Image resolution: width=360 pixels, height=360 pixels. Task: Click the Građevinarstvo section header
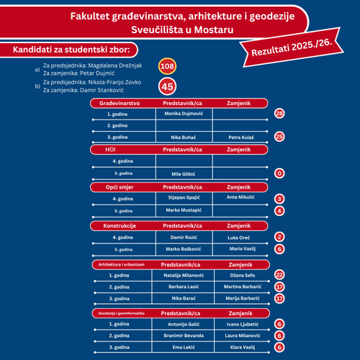[x=114, y=103]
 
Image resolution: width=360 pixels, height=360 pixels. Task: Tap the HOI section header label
[x=110, y=149]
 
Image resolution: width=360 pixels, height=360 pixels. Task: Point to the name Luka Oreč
[x=240, y=237]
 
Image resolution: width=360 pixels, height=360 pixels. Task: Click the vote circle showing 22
[x=280, y=275]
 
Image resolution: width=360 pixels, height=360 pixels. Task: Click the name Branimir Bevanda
[x=184, y=336]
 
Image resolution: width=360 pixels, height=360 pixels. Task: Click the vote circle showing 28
[x=280, y=114]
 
